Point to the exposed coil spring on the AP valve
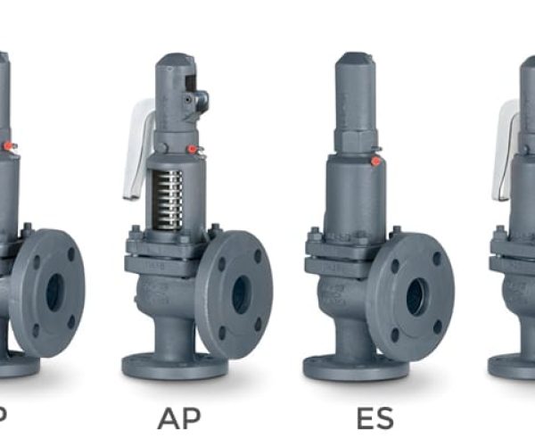pos(168,197)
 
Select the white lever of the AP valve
pos(138,147)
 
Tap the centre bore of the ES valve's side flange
pos(416,297)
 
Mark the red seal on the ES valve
pos(376,161)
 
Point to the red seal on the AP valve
pos(192,150)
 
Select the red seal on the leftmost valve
pos(8,145)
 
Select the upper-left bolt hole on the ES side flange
pos(395,266)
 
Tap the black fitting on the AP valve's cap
pos(201,100)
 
